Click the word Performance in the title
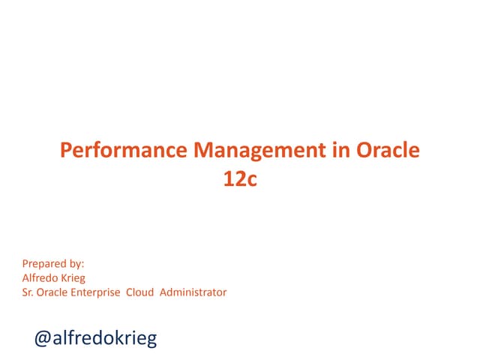click(124, 151)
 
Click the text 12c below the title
click(240, 180)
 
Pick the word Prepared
click(44, 263)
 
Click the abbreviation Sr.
click(28, 292)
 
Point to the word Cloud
click(140, 292)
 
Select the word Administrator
click(193, 292)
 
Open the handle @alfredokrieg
click(96, 338)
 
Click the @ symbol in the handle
click(43, 338)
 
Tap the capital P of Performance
click(65, 151)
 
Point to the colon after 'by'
click(83, 265)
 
